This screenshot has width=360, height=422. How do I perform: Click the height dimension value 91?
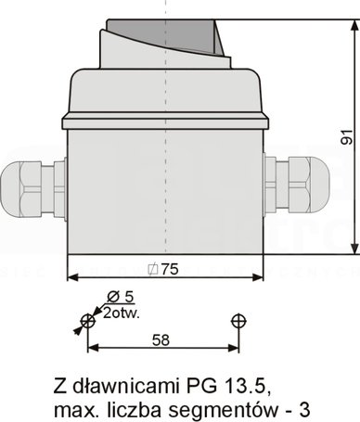tap(347, 137)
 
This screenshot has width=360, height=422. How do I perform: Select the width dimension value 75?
tap(170, 269)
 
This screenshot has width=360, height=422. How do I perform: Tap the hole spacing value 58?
tap(161, 340)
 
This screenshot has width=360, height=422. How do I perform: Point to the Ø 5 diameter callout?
tap(121, 297)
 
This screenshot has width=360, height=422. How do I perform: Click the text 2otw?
tap(122, 313)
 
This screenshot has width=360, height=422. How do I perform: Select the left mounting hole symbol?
tap(88, 322)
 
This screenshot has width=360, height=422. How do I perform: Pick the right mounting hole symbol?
tap(238, 322)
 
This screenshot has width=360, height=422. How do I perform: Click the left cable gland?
tap(33, 189)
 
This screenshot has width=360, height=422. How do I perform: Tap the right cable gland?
tap(296, 185)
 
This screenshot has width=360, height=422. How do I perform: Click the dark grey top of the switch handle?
tap(164, 34)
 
